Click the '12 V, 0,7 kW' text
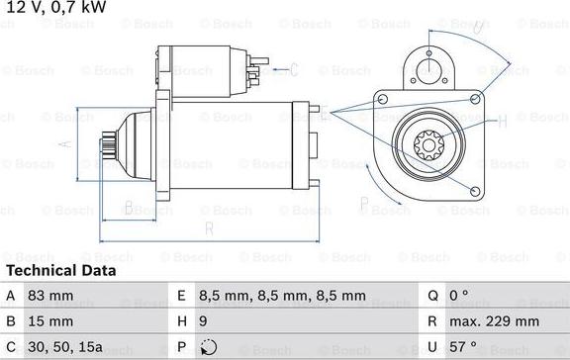(56, 7)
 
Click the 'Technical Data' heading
(61, 271)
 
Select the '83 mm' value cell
(50, 296)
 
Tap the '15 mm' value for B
(50, 321)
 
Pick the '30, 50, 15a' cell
(65, 347)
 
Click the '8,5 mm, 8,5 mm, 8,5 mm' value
(282, 296)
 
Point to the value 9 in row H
(203, 321)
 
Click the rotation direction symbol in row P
(209, 347)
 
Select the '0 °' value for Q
(459, 295)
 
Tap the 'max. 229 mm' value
(495, 321)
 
